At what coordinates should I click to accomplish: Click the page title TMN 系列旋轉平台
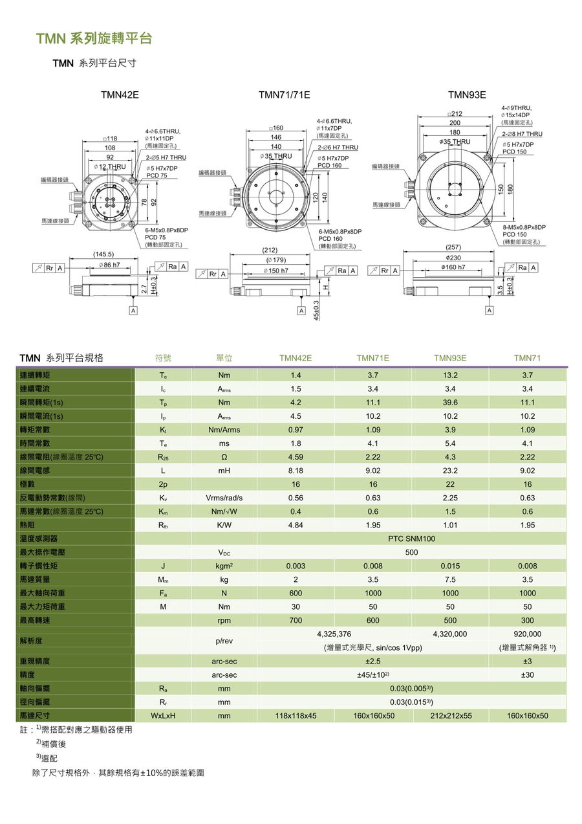94,39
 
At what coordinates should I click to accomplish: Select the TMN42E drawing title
120,95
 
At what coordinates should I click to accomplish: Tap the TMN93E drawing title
466,95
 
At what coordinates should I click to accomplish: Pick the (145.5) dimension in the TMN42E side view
103,254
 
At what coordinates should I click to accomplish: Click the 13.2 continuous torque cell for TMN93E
450,375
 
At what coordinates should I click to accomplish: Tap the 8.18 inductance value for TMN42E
296,471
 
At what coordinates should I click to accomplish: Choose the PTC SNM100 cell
411,539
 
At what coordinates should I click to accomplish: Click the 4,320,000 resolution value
450,634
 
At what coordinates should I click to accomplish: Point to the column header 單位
224,358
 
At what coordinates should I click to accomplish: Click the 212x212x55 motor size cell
450,715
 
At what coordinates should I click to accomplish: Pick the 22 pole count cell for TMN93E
450,484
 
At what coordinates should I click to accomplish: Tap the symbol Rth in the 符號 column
163,525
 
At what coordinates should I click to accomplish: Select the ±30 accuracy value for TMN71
527,674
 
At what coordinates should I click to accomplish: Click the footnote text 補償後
53,744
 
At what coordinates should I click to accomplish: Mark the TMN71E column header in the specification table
372,358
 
